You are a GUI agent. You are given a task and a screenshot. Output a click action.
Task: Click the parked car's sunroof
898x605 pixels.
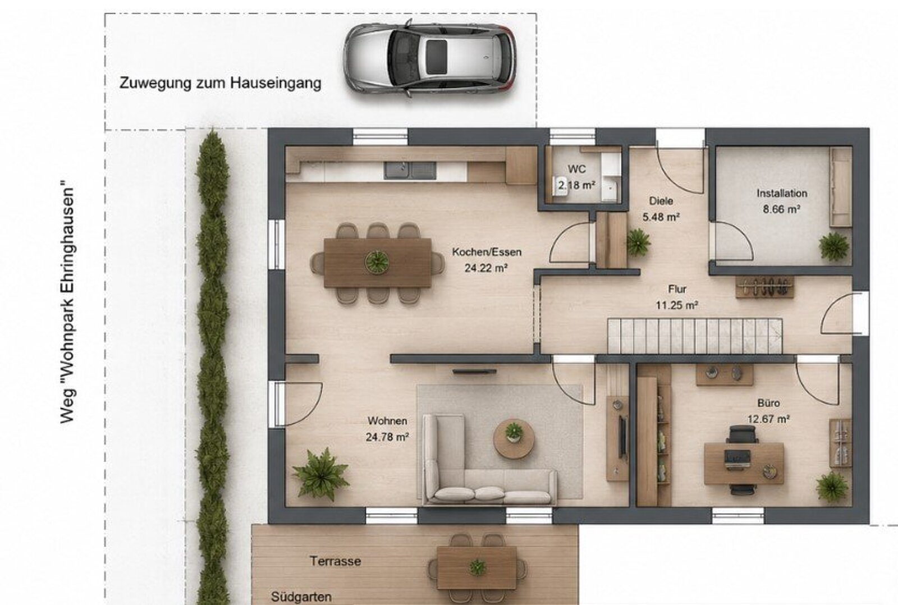tap(436, 57)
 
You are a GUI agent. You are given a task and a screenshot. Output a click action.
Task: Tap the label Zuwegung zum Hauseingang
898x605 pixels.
tap(220, 83)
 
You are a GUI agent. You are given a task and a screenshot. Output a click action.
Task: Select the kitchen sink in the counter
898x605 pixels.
tap(410, 171)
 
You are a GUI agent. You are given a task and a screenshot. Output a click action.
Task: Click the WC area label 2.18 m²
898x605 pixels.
tap(577, 185)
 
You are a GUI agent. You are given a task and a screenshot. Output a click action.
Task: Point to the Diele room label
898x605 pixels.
tap(661, 200)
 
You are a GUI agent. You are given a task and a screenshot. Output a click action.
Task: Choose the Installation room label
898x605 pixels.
tap(782, 193)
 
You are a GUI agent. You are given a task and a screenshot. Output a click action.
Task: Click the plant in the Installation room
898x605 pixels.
tap(834, 246)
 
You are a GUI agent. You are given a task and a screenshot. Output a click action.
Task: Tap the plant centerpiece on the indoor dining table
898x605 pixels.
tap(377, 262)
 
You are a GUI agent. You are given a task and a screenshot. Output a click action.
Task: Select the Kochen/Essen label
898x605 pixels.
tap(487, 252)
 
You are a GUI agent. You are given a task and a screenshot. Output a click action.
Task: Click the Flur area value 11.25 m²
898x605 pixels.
tap(677, 305)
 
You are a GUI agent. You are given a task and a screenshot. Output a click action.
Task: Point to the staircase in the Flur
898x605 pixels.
tap(695, 336)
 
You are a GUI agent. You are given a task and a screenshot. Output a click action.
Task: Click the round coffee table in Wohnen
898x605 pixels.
tap(514, 438)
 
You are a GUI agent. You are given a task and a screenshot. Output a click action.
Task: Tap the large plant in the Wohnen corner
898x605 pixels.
tap(320, 474)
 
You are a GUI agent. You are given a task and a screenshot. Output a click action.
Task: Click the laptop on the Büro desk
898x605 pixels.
tap(737, 458)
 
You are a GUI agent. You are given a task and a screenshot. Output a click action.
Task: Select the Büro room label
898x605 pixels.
tap(768, 403)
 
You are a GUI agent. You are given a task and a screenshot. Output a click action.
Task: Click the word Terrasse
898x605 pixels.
tap(335, 561)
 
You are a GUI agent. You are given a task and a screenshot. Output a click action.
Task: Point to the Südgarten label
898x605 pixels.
tap(301, 597)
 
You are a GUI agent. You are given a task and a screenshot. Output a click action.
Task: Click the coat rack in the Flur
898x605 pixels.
tap(764, 287)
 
